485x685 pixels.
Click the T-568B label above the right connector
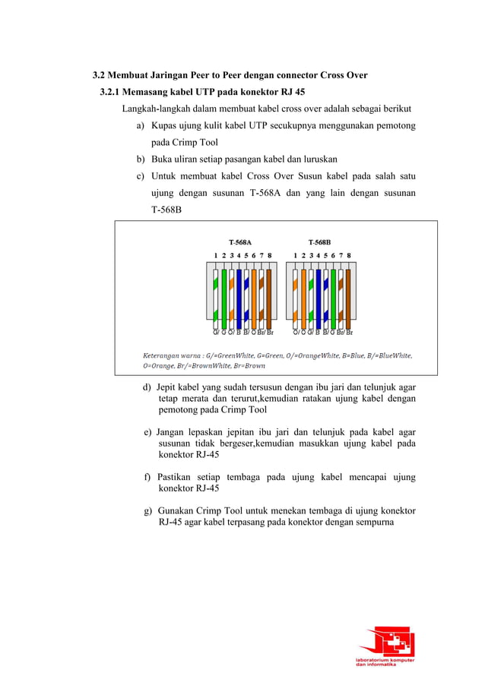coord(319,242)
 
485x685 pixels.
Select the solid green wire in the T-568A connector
coord(224,295)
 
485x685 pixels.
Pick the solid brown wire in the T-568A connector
coord(269,295)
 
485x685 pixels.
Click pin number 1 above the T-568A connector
coord(216,255)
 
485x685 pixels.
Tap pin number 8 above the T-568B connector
coord(349,255)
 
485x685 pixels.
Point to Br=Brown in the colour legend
coord(248,365)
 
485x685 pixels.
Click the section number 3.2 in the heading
coord(98,75)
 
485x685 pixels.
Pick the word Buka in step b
coord(162,159)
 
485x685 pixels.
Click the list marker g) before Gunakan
coord(148,510)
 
